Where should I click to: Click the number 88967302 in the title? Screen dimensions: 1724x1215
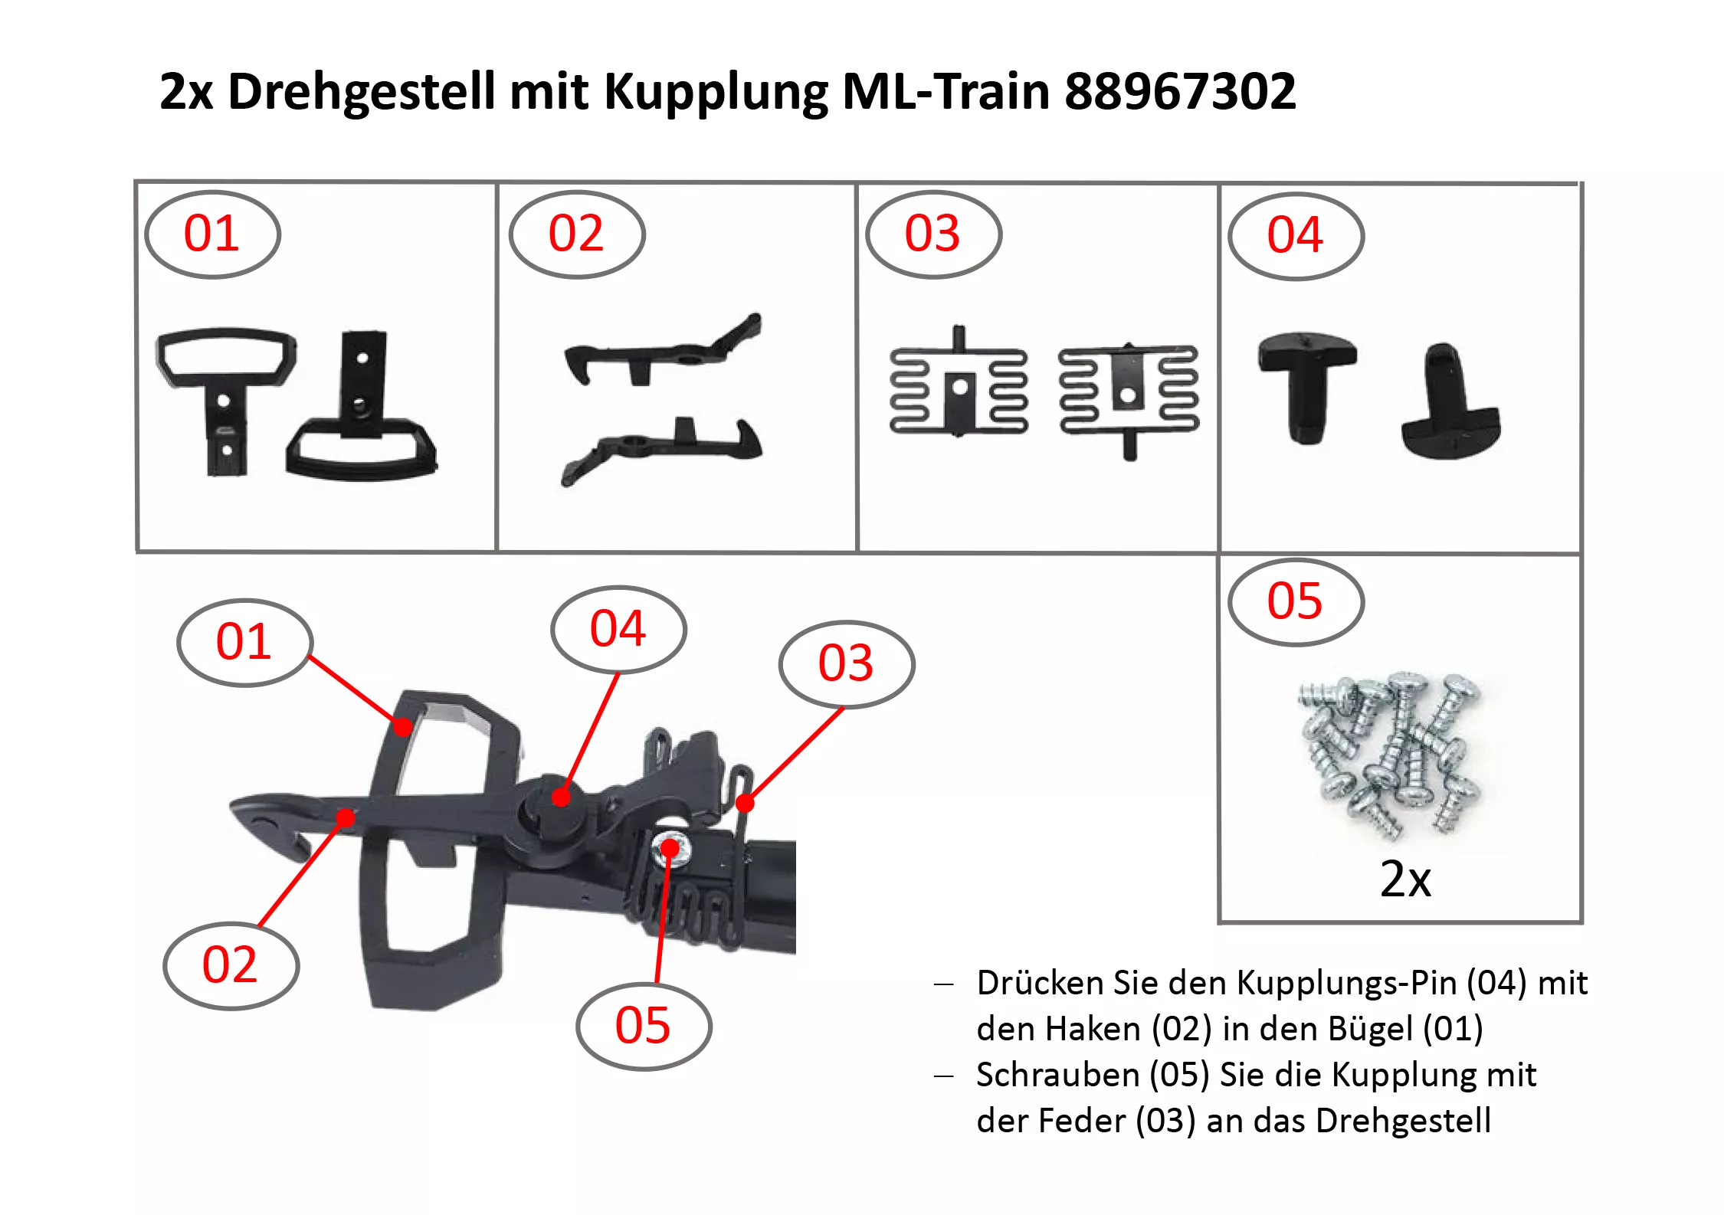coord(1180,91)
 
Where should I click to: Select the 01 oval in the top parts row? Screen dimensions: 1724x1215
coord(212,234)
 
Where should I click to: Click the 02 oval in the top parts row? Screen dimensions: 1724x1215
coord(577,234)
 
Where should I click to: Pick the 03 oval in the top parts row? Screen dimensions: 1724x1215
coord(933,234)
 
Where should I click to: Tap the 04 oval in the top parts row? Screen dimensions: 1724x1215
coord(1296,236)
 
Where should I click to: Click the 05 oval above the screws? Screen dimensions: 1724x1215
coord(1296,602)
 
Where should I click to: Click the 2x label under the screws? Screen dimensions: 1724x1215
coord(1405,879)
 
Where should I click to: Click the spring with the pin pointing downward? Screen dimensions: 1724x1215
coord(1129,398)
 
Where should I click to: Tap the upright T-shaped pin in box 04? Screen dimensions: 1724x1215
coord(1307,387)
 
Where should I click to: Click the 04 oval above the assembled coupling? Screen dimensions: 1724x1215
coord(618,630)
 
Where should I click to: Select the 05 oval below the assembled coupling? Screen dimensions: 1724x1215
coord(644,1026)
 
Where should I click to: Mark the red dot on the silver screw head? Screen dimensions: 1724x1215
coord(670,848)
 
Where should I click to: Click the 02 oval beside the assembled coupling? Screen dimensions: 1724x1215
coord(231,965)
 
